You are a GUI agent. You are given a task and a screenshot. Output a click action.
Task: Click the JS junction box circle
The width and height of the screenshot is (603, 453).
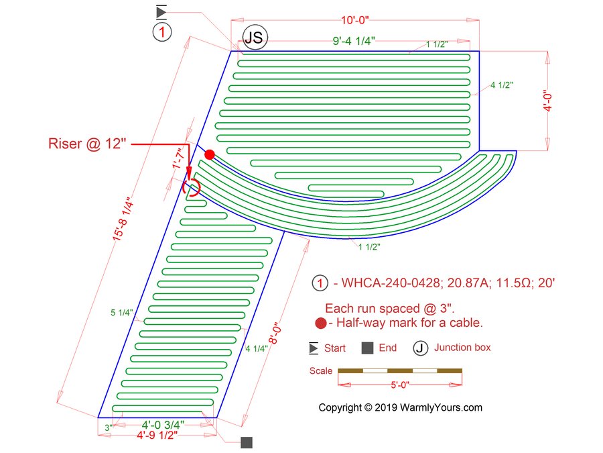coord(253,38)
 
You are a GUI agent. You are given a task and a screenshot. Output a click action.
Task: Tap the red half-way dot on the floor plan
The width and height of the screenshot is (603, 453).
coord(210,154)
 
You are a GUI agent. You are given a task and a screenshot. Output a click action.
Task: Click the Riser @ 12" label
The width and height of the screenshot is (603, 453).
coord(87,144)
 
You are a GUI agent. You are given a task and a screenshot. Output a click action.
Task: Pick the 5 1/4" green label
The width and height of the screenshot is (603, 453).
coord(121,312)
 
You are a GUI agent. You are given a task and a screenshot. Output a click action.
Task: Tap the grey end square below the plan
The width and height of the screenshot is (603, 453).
coord(247,442)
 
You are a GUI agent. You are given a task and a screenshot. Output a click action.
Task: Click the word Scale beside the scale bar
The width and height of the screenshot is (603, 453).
coord(321,370)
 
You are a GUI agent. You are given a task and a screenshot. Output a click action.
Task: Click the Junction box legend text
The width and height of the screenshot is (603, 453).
coord(462,348)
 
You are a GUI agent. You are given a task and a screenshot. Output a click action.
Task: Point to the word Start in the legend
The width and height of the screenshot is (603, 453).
coord(335,348)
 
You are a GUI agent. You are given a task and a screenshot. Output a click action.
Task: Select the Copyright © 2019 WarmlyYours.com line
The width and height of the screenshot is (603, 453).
coord(400,407)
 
